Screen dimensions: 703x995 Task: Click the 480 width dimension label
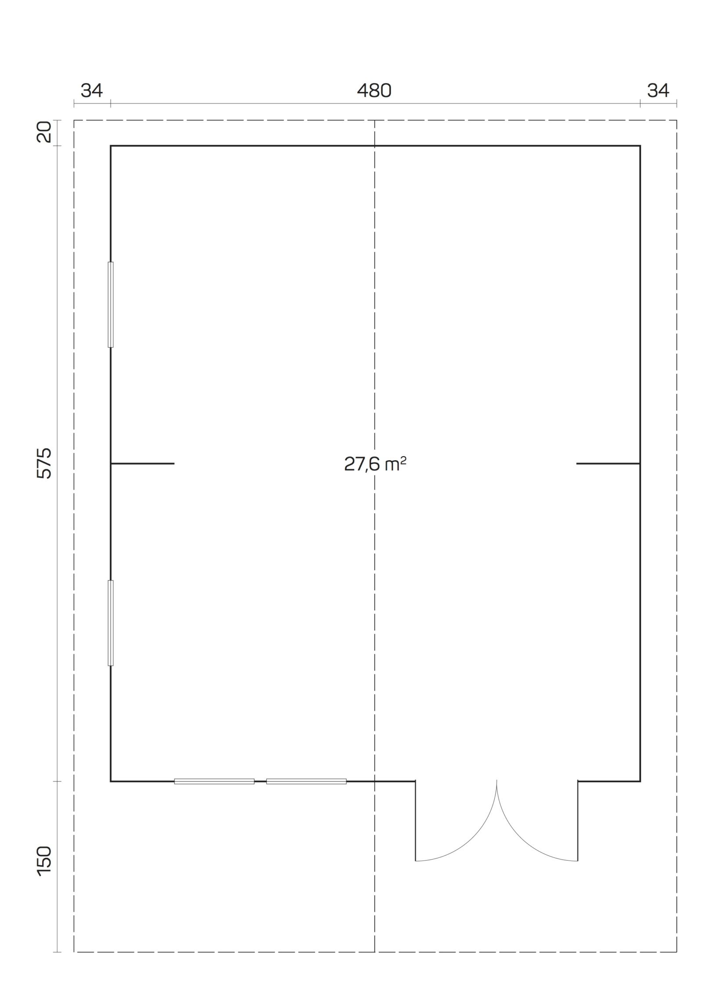pos(374,91)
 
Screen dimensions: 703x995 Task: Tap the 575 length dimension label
pos(45,463)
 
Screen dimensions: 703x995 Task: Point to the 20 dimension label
pos(45,132)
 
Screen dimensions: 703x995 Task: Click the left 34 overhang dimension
pos(92,91)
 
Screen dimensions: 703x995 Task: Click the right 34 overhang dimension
pos(658,91)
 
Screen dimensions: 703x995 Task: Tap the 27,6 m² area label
pos(375,464)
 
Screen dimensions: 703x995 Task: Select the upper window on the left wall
pos(111,305)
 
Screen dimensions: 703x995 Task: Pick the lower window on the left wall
pos(111,629)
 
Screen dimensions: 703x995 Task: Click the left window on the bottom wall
pos(214,781)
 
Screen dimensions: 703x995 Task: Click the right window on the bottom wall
pos(306,781)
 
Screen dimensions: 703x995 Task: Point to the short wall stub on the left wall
pos(142,464)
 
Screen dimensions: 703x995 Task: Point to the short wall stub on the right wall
pos(608,464)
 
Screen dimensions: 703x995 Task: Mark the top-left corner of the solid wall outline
pos(111,145)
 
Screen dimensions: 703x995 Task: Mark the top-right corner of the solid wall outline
pos(640,145)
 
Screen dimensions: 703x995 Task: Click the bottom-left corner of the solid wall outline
pos(111,781)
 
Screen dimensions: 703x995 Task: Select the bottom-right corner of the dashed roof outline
pos(677,949)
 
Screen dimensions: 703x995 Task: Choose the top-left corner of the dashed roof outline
pos(74,120)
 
